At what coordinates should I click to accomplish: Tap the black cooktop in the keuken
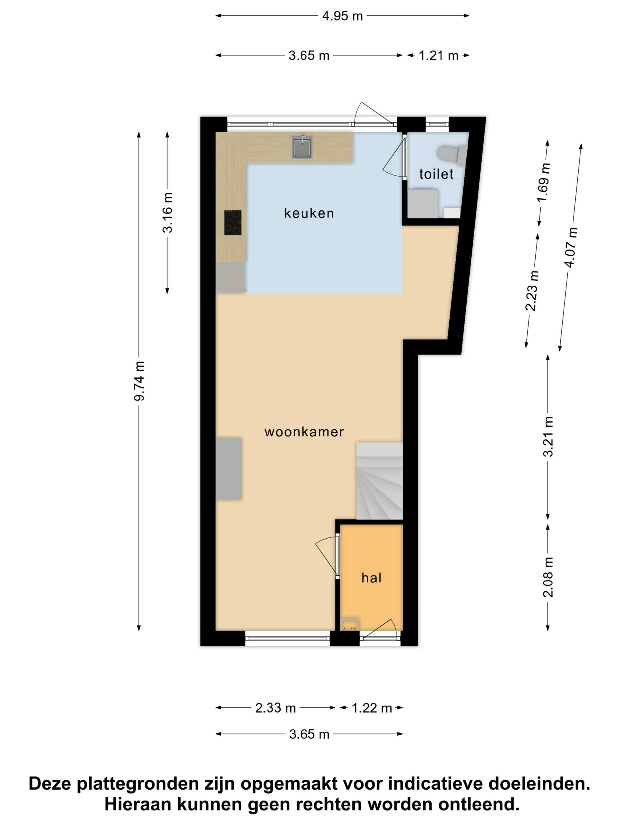(233, 222)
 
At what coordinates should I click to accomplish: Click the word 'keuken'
(309, 213)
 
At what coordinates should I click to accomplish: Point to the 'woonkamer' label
(304, 432)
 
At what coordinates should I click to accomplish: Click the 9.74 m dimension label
(139, 381)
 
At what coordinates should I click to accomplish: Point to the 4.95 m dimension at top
(343, 16)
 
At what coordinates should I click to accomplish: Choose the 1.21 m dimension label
(438, 56)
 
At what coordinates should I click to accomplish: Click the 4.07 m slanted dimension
(571, 247)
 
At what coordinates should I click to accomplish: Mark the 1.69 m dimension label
(544, 183)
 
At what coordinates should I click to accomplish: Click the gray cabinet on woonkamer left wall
(229, 468)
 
